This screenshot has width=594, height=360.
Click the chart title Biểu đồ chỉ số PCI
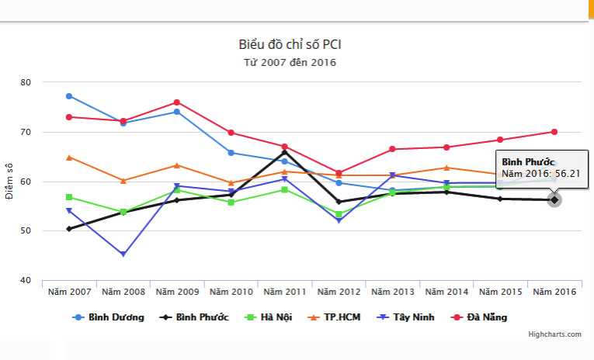pos(290,44)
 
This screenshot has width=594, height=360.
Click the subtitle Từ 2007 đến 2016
pos(290,62)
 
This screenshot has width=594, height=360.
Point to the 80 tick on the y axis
pos(26,82)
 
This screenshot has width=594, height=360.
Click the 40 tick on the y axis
pos(26,281)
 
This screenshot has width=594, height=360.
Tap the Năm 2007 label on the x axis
pos(69,292)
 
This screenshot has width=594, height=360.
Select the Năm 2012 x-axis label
pos(339,292)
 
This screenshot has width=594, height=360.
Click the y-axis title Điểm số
pos(9,182)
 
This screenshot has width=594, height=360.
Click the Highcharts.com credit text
pos(554,334)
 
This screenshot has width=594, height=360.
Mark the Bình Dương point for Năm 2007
pos(69,96)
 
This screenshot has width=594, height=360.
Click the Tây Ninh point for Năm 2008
pos(123,254)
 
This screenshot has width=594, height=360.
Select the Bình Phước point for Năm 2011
pos(285,151)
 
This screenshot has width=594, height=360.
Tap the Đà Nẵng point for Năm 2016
pos(554,132)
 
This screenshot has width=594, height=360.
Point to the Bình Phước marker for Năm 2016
pos(554,200)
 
